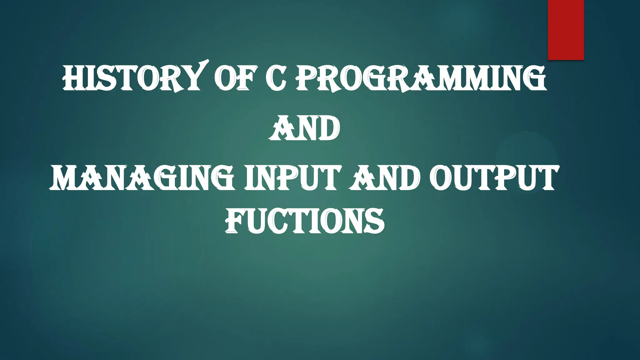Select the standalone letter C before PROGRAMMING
pyautogui.click(x=276, y=78)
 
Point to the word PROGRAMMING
pyautogui.click(x=421, y=78)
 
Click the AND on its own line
pyautogui.click(x=304, y=129)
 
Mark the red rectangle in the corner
pyautogui.click(x=566, y=30)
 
